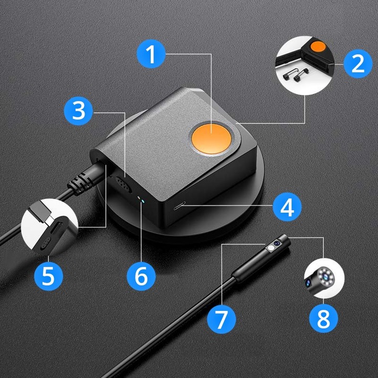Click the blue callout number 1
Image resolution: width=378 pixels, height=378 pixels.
pos(151,54)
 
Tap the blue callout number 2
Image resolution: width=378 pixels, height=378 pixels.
pos(358,64)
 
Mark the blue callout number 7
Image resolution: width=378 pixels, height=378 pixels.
pos(222,318)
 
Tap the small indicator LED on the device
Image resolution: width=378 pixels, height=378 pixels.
pos(139,199)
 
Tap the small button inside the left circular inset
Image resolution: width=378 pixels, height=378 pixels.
pos(45,242)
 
